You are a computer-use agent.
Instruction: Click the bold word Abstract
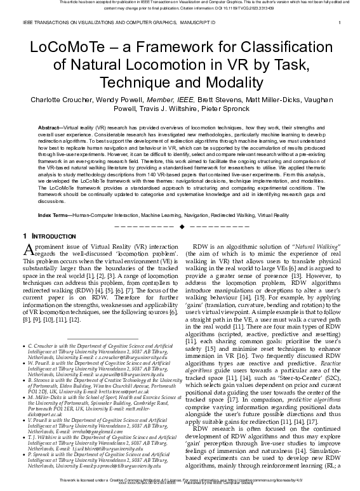click(x=51, y=128)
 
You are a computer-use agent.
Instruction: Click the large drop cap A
click(x=28, y=249)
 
